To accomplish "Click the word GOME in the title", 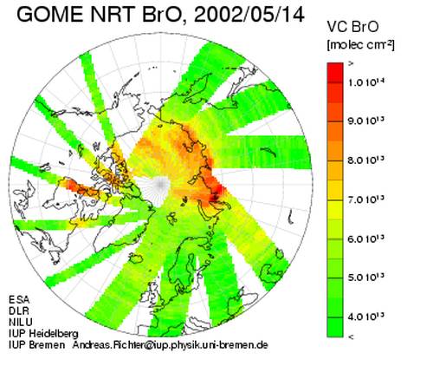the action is pos(50,15).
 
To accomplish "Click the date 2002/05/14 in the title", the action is pos(249,15).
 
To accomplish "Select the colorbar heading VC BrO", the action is pos(352,27).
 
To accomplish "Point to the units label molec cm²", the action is pos(360,45).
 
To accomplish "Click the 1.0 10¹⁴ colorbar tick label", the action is pos(366,82).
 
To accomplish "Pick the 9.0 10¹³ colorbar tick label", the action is pos(366,121).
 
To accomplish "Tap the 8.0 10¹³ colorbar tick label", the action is pos(366,160).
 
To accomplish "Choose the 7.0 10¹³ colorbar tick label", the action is pos(366,199).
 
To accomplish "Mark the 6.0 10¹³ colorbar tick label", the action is pos(366,239).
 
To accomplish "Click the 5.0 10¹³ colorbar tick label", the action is pos(366,278).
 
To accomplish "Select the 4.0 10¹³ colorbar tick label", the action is pos(366,317).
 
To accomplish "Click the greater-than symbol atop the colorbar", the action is pos(351,64).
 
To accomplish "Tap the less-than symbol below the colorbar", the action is pos(351,337).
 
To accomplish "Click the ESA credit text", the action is pos(19,299).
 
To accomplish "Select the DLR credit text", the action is pos(19,310).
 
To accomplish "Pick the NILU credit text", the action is pos(21,322).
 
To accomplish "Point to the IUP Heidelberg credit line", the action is pos(43,334).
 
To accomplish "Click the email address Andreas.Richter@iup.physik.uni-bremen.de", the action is pos(170,345).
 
